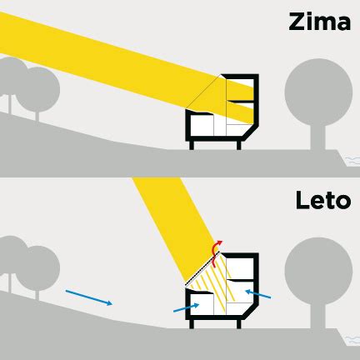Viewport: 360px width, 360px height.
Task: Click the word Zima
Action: click(x=319, y=22)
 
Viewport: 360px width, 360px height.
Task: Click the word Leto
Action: click(x=323, y=200)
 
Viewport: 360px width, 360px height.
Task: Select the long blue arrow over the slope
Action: click(x=89, y=297)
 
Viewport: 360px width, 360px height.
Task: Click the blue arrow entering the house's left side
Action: click(x=186, y=307)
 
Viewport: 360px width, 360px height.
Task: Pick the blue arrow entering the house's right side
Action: click(x=258, y=293)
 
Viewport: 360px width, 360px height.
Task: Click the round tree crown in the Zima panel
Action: click(x=318, y=92)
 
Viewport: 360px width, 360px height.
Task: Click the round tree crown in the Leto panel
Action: click(x=318, y=271)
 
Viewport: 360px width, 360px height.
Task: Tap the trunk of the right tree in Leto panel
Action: click(x=318, y=317)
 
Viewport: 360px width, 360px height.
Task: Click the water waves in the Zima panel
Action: click(x=352, y=160)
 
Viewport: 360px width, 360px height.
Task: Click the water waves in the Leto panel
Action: click(x=352, y=339)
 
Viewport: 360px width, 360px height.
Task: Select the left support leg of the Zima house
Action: click(x=192, y=145)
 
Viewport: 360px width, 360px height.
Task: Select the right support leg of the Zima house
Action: click(x=238, y=145)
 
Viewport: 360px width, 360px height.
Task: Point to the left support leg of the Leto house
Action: click(x=192, y=324)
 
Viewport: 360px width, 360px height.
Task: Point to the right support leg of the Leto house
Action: click(x=238, y=324)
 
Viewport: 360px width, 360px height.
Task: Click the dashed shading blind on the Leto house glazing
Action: click(x=203, y=268)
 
